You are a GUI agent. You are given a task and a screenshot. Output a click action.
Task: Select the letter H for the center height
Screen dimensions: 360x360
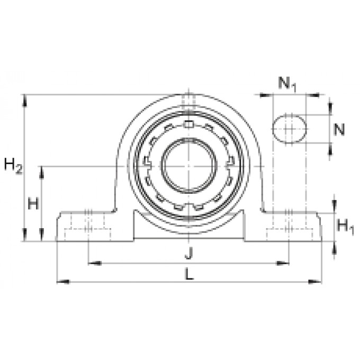click(x=33, y=203)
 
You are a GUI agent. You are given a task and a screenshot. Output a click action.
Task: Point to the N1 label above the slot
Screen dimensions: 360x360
click(x=287, y=83)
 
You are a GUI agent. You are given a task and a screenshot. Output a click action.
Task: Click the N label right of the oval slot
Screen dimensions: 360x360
click(x=339, y=129)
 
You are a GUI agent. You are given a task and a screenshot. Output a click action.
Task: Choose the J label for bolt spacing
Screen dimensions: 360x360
click(x=188, y=254)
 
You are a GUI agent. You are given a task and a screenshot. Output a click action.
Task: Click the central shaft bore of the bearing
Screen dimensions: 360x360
click(x=188, y=166)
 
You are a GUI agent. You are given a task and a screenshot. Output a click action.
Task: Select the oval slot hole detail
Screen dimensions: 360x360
click(x=289, y=129)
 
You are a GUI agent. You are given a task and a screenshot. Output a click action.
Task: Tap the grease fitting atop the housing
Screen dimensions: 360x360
click(x=188, y=100)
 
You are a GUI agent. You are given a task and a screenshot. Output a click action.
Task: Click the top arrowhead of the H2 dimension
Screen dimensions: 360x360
click(x=24, y=98)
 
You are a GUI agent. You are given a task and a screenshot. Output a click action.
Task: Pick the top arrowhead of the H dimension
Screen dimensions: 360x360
click(x=42, y=170)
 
